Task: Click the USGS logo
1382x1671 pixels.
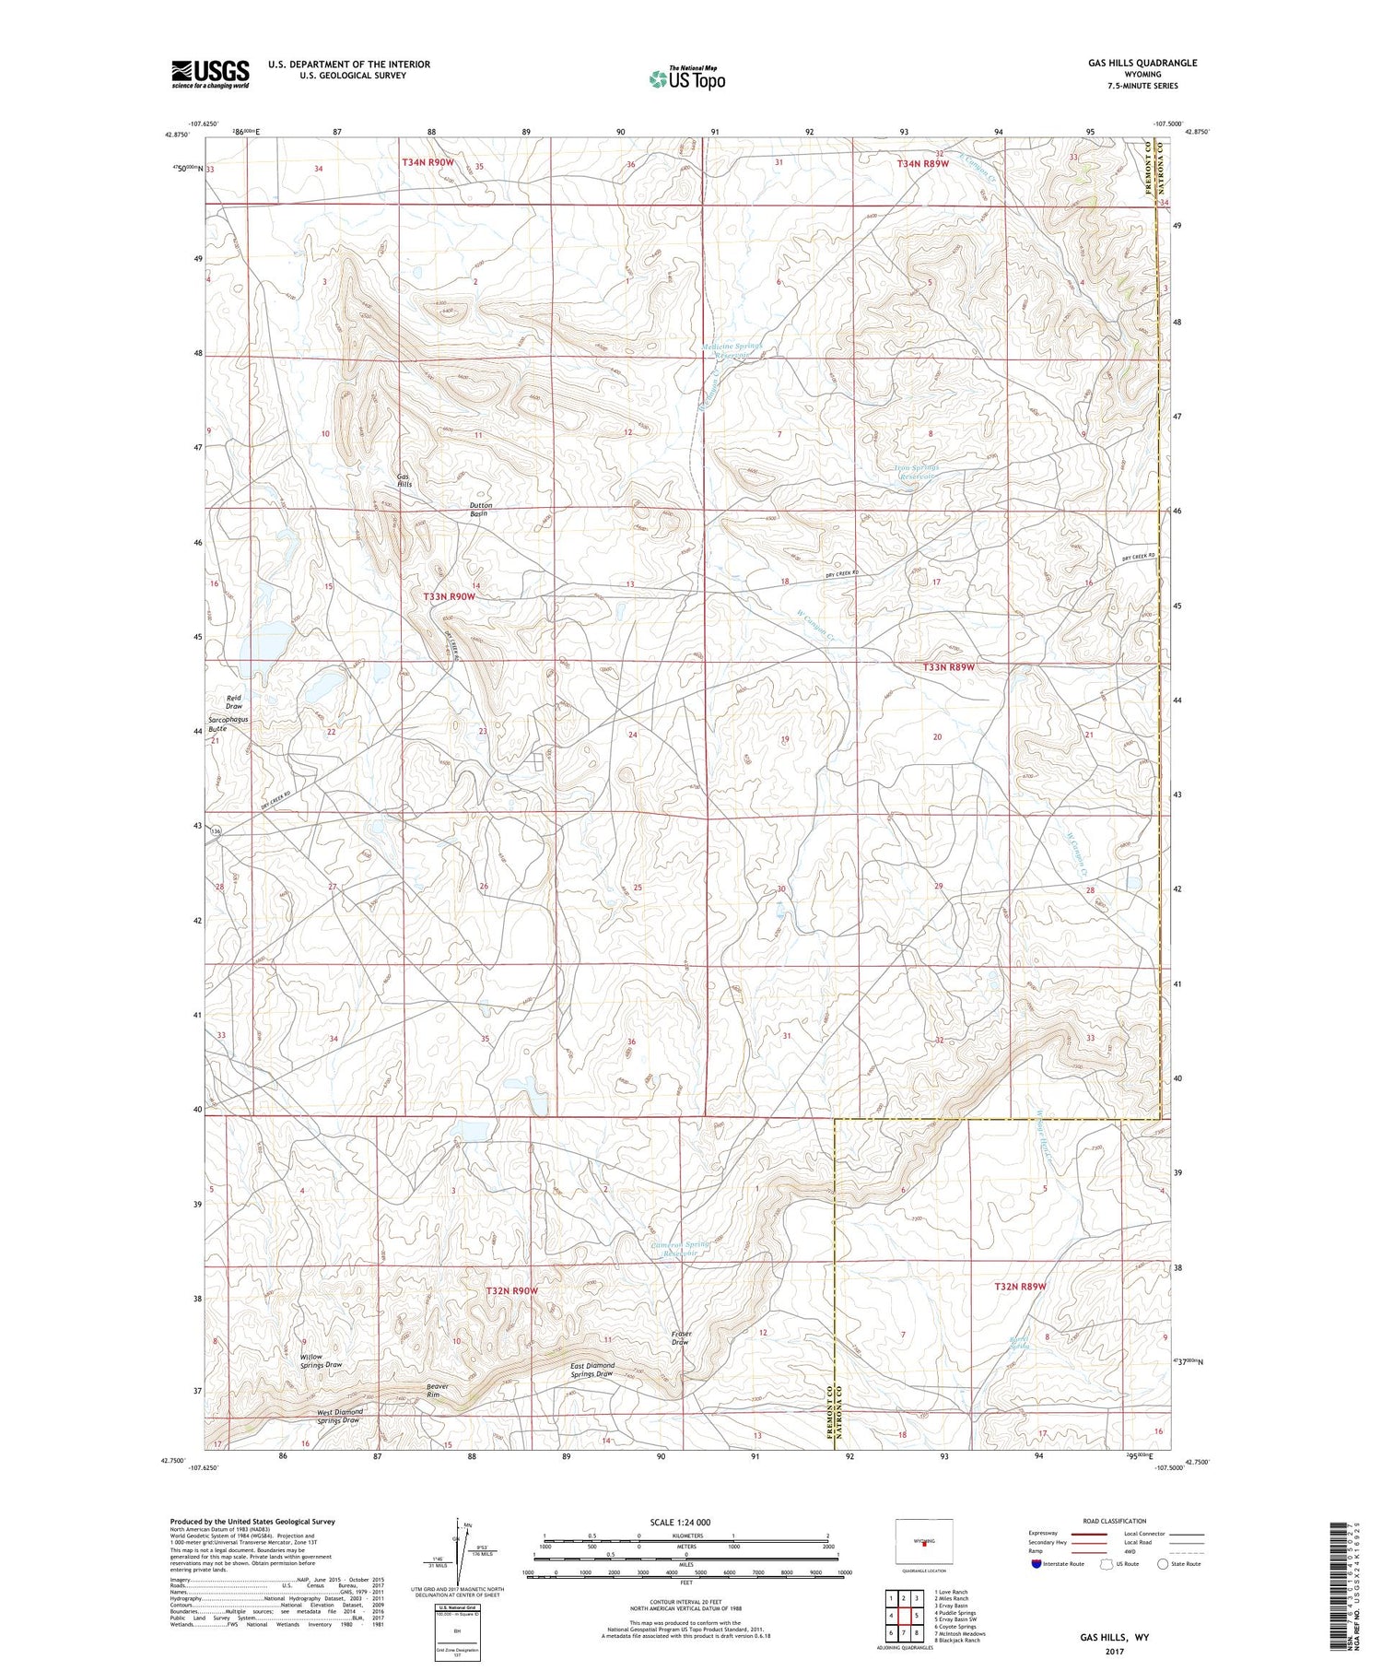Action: [x=210, y=74]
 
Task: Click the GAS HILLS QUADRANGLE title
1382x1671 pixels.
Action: [x=1142, y=63]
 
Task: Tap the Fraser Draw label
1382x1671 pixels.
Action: [x=680, y=1338]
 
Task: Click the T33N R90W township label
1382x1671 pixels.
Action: [x=450, y=596]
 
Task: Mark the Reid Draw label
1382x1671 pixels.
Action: [x=234, y=702]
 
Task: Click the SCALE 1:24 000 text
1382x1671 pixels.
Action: [x=686, y=1522]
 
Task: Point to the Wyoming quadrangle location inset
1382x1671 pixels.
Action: [x=924, y=1541]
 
